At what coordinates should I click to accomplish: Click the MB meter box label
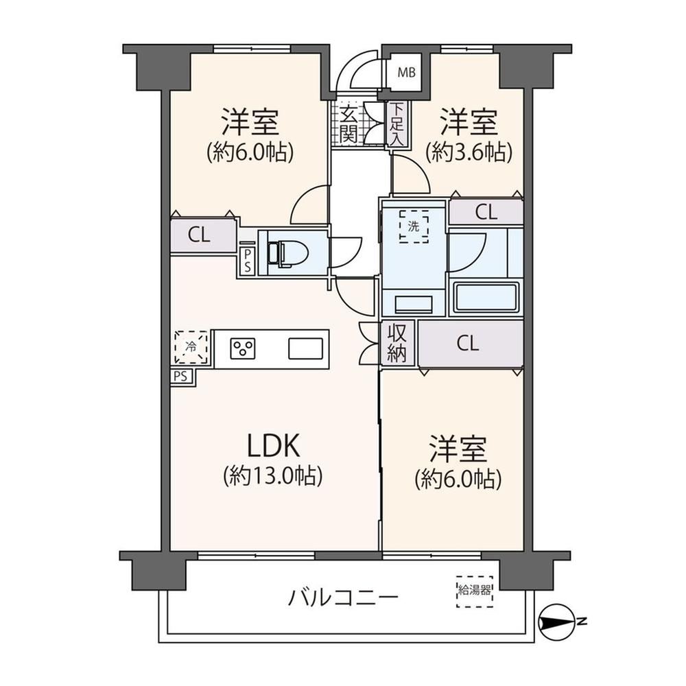point(406,73)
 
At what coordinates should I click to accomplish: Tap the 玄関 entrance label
point(348,124)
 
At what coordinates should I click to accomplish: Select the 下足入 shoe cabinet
point(397,124)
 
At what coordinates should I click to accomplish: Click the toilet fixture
point(287,254)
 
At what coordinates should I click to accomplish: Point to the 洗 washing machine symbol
point(414,226)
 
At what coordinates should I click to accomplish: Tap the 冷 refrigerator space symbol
point(191,347)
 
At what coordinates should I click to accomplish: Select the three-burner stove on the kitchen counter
point(243,348)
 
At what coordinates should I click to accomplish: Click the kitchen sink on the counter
point(305,348)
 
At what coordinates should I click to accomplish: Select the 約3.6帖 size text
point(469,153)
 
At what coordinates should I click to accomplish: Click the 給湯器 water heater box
point(475,591)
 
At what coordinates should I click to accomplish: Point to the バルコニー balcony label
point(344,598)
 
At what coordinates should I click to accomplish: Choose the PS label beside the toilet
point(248,261)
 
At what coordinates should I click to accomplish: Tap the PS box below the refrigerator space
point(180,376)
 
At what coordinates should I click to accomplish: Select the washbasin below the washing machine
point(414,304)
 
